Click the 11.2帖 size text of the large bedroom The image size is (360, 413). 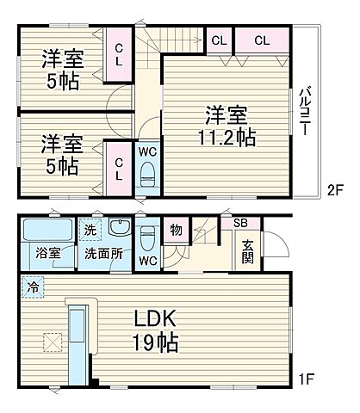pyautogui.click(x=227, y=136)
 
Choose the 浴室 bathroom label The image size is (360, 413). pyautogui.click(x=47, y=255)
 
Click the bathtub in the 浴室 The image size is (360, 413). pyautogui.click(x=47, y=230)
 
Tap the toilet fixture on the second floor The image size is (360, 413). pyautogui.click(x=147, y=170)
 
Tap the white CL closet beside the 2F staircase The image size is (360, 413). pyautogui.click(x=218, y=40)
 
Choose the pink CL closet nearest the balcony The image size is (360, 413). pyautogui.click(x=261, y=40)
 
